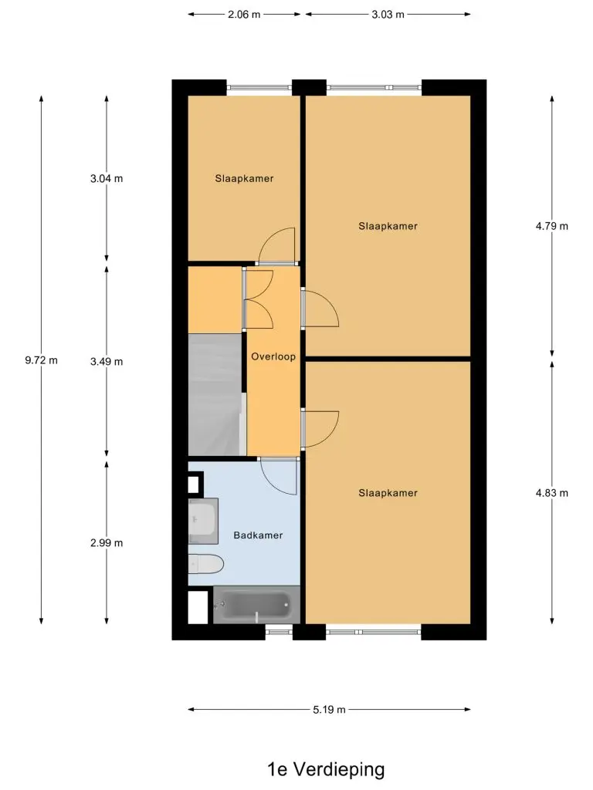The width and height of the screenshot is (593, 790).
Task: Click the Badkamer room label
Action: point(258,535)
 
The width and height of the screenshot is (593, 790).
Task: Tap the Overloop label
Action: point(273,356)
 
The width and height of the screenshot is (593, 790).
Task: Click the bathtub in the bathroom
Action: point(256,605)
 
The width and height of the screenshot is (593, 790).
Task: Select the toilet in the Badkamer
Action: point(205,564)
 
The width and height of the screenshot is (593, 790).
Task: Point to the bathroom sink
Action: point(203,521)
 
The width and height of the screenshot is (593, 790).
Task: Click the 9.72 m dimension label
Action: point(42,360)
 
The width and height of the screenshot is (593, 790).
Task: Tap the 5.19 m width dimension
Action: point(329,710)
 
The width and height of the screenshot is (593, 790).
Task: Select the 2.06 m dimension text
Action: point(244,15)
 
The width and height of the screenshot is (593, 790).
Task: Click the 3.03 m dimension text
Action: point(388,15)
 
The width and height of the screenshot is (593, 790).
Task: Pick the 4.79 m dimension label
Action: point(551,226)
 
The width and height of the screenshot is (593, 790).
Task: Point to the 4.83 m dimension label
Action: point(551,493)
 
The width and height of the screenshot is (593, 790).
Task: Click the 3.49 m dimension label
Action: point(107,362)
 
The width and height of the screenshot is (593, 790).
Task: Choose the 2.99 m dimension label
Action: point(107,543)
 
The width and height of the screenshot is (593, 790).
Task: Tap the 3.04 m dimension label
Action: point(107,178)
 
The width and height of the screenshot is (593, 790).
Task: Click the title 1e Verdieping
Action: point(326,769)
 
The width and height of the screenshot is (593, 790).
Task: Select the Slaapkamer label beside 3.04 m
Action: point(244,178)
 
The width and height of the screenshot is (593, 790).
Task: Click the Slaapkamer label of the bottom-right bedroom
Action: point(388,493)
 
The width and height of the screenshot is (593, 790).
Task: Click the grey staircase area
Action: point(216,394)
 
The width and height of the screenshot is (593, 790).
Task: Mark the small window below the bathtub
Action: point(279,631)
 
